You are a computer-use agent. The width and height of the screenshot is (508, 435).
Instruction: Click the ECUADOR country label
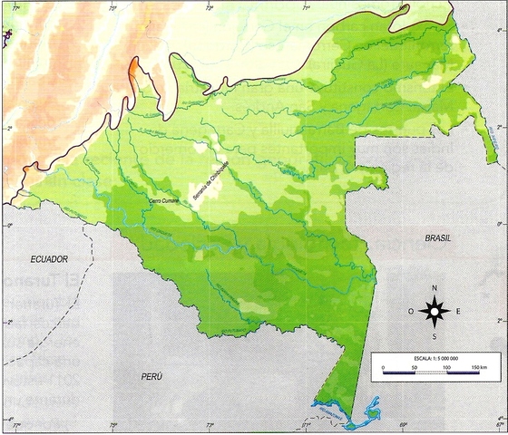(49, 259)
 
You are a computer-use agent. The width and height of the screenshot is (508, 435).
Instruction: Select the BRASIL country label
(438, 237)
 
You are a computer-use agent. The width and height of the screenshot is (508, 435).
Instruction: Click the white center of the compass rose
(435, 313)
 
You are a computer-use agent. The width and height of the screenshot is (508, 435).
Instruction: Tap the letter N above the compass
(435, 289)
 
